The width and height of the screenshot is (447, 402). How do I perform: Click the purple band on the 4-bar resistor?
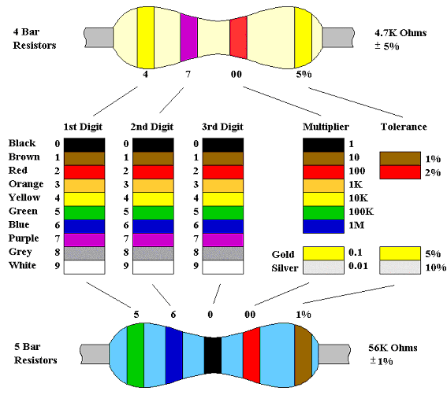[x=188, y=38]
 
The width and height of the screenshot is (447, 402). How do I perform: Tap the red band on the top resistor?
[x=238, y=38]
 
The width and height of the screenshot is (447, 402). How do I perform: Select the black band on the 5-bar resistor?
[x=213, y=355]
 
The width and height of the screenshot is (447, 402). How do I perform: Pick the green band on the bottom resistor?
[x=136, y=355]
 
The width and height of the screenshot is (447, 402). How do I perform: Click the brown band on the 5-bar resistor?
[x=303, y=356]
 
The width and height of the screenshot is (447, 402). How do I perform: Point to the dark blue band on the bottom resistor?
[x=174, y=355]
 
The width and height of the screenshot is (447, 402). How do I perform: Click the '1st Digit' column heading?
[x=83, y=127]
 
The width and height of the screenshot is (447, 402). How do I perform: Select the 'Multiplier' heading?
[x=326, y=127]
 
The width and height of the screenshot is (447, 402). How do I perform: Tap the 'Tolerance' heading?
[x=404, y=127]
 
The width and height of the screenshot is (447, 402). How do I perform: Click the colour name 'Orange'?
[x=26, y=184]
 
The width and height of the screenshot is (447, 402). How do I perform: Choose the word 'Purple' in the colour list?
[x=24, y=238]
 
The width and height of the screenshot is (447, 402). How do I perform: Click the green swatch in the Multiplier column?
[x=323, y=213]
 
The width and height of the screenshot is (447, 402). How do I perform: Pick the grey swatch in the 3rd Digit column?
[x=223, y=253]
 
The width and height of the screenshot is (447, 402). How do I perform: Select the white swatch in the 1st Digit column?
[x=84, y=267]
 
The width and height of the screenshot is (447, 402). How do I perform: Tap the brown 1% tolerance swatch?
[x=400, y=158]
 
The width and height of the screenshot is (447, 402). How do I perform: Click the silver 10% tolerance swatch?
[x=400, y=267]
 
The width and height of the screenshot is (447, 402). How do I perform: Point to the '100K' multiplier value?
[x=361, y=212]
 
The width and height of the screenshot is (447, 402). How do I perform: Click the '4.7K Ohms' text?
[x=400, y=33]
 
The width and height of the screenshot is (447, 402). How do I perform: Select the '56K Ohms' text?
[x=393, y=348]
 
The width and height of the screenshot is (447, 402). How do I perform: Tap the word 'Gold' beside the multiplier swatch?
[x=283, y=254]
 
